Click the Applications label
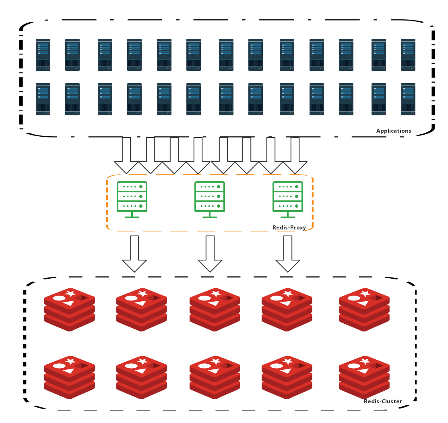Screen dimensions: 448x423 (x=393, y=131)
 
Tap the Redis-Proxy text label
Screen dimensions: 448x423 (x=289, y=227)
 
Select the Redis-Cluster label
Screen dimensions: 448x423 (x=383, y=401)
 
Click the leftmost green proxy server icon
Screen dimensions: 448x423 (x=132, y=200)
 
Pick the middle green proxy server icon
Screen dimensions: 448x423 (x=210, y=200)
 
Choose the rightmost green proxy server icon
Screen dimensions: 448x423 (x=288, y=200)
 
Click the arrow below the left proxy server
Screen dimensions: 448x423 (x=134, y=254)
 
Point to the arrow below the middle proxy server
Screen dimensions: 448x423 (x=210, y=254)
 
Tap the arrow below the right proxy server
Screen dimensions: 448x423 (x=288, y=254)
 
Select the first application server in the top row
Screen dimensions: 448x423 (x=43, y=55)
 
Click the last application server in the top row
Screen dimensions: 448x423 (x=408, y=55)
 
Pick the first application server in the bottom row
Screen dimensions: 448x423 (x=43, y=99)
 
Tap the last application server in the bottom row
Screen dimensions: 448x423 (x=408, y=99)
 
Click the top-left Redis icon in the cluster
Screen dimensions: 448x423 (x=69, y=310)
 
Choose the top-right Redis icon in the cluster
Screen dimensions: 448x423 (x=364, y=310)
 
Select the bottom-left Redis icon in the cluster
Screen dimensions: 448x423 (x=69, y=377)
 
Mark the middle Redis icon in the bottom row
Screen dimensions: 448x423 (x=215, y=377)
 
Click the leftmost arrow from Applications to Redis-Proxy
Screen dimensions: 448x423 (x=126, y=155)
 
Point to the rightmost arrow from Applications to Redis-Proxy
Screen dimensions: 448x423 (x=295, y=155)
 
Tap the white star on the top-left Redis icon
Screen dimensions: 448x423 (x=70, y=293)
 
